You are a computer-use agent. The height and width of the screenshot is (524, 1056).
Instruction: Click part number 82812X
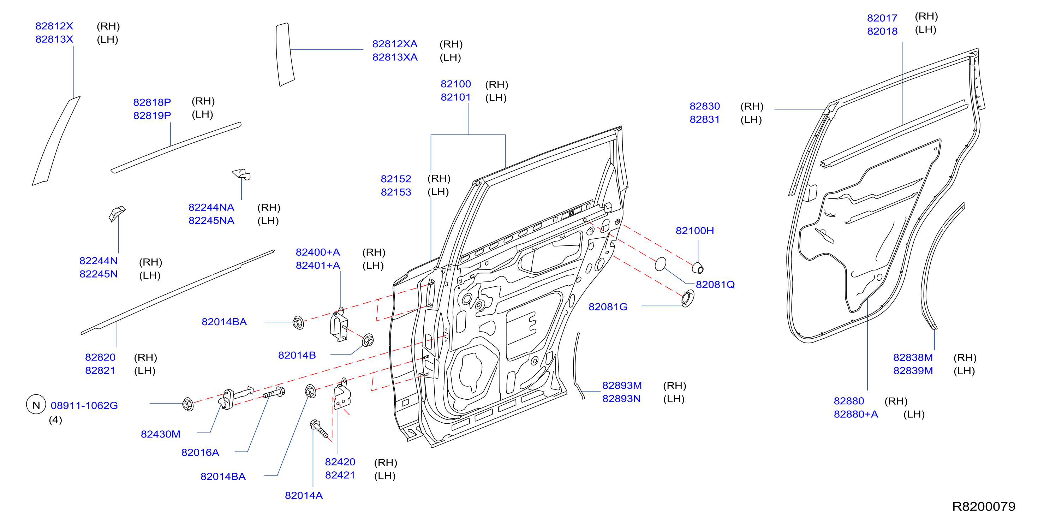point(54,26)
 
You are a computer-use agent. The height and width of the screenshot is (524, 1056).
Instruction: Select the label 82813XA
point(395,58)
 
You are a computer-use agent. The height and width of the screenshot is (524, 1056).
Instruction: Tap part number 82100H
point(694,231)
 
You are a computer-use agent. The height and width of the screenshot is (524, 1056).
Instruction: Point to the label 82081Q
point(715,285)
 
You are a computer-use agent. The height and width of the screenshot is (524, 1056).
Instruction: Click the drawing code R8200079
point(983,506)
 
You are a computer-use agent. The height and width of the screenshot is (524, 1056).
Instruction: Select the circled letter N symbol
point(36,405)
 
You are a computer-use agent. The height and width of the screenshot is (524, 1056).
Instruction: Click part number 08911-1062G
point(84,405)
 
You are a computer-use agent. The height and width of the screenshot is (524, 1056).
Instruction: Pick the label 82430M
point(160,434)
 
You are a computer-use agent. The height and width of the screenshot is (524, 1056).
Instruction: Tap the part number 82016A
point(200,453)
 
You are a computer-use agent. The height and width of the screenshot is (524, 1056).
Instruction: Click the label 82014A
point(304,496)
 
